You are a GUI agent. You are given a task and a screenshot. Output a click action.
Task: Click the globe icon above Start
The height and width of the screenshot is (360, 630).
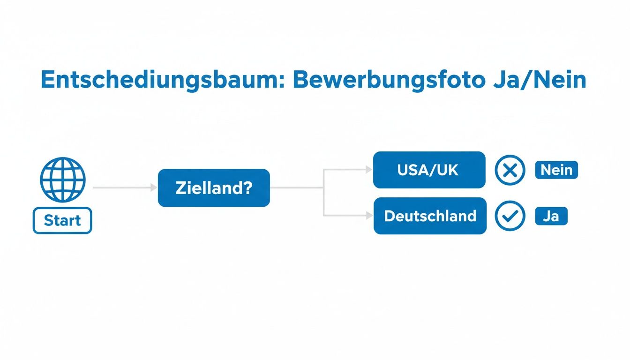pos(63,180)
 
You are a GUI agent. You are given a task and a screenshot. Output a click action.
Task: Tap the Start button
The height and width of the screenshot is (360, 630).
pos(62,220)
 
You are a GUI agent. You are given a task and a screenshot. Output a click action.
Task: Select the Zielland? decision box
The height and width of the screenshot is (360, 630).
pos(214,188)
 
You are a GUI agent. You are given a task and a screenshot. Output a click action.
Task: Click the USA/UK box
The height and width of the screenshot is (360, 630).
pos(429,170)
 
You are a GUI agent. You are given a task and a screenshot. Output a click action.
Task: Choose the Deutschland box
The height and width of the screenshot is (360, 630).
pos(430,216)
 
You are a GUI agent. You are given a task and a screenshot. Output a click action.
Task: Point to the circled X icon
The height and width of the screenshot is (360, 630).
pos(510,170)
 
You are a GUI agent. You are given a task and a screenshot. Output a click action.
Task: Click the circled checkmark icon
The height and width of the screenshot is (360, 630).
pos(510,216)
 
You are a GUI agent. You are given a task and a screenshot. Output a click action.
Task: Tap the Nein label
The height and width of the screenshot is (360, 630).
pos(556,170)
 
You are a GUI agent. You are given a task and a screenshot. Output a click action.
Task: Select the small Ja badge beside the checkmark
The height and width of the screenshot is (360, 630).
pos(551,217)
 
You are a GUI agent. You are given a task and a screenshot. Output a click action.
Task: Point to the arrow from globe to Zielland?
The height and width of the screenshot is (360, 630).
pos(124,187)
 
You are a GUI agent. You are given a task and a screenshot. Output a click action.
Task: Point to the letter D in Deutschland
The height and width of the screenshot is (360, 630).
pos(389,216)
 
